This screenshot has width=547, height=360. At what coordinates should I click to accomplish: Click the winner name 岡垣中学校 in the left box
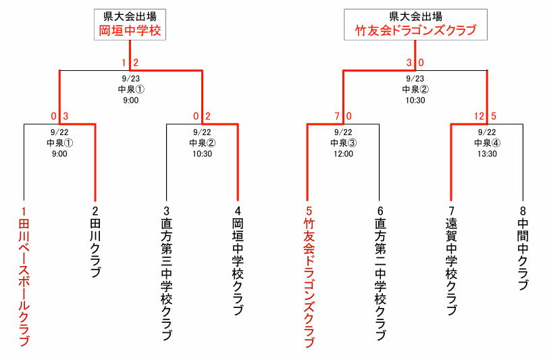coord(130,30)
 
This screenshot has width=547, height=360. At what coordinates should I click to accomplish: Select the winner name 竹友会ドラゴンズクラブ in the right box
coord(415,30)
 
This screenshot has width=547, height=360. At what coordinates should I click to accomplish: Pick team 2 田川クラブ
coord(95,242)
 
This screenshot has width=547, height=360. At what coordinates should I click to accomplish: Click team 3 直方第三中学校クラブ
coord(166,273)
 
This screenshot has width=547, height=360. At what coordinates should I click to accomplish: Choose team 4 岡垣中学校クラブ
coord(238,261)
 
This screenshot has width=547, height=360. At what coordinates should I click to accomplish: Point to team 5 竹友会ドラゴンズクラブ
coord(309,277)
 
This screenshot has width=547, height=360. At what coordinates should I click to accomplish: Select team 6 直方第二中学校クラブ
coord(380,273)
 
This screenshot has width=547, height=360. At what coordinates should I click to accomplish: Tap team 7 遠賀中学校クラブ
coord(451,261)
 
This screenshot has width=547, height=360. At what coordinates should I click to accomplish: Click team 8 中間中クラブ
coord(523,248)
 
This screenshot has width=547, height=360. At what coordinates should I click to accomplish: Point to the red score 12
coord(479,116)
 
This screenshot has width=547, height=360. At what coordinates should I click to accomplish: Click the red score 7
coord(337,116)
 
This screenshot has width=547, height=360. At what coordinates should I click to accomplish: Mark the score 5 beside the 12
coord(493,116)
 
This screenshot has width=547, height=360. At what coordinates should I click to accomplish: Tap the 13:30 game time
coord(487,154)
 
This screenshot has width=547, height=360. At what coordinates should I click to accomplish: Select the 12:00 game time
coord(343,154)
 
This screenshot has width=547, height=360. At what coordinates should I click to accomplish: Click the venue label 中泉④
coord(487,143)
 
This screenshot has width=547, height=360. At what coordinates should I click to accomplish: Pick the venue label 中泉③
coord(343,143)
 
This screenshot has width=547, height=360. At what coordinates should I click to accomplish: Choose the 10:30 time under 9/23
coord(415,101)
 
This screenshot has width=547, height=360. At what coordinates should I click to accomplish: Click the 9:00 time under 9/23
coord(131,101)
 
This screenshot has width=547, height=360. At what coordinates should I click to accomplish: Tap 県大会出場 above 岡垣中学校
coord(130,16)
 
